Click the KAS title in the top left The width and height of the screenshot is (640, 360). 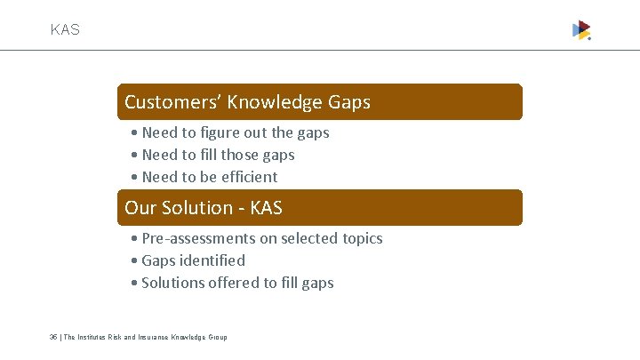(65, 29)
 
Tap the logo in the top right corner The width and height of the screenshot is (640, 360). (581, 30)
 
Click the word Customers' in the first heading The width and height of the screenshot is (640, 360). (172, 102)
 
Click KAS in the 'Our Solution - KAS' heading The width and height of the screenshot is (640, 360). (267, 208)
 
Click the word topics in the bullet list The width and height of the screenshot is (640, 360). (362, 238)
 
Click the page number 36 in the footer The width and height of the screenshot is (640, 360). (53, 337)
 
